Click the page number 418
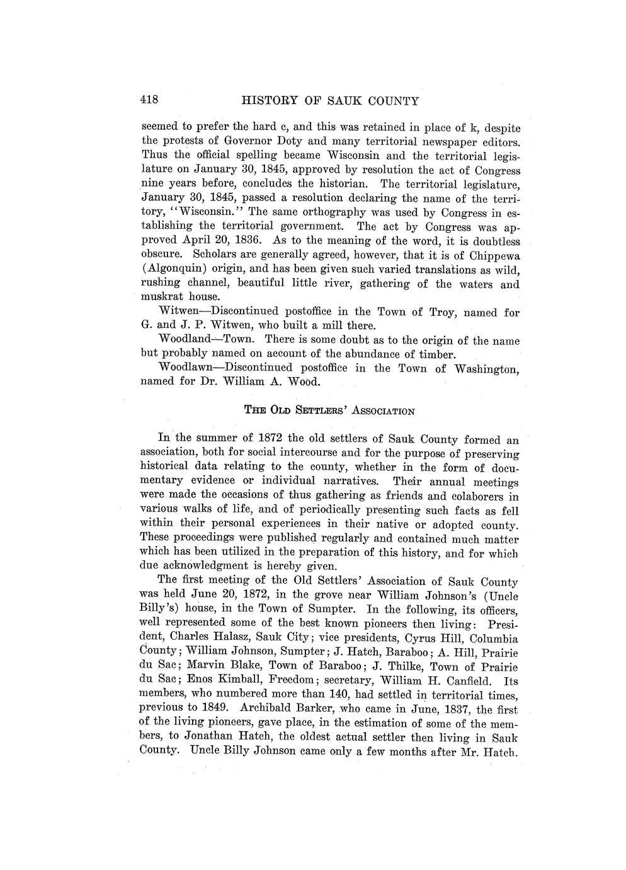pos(149,100)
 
